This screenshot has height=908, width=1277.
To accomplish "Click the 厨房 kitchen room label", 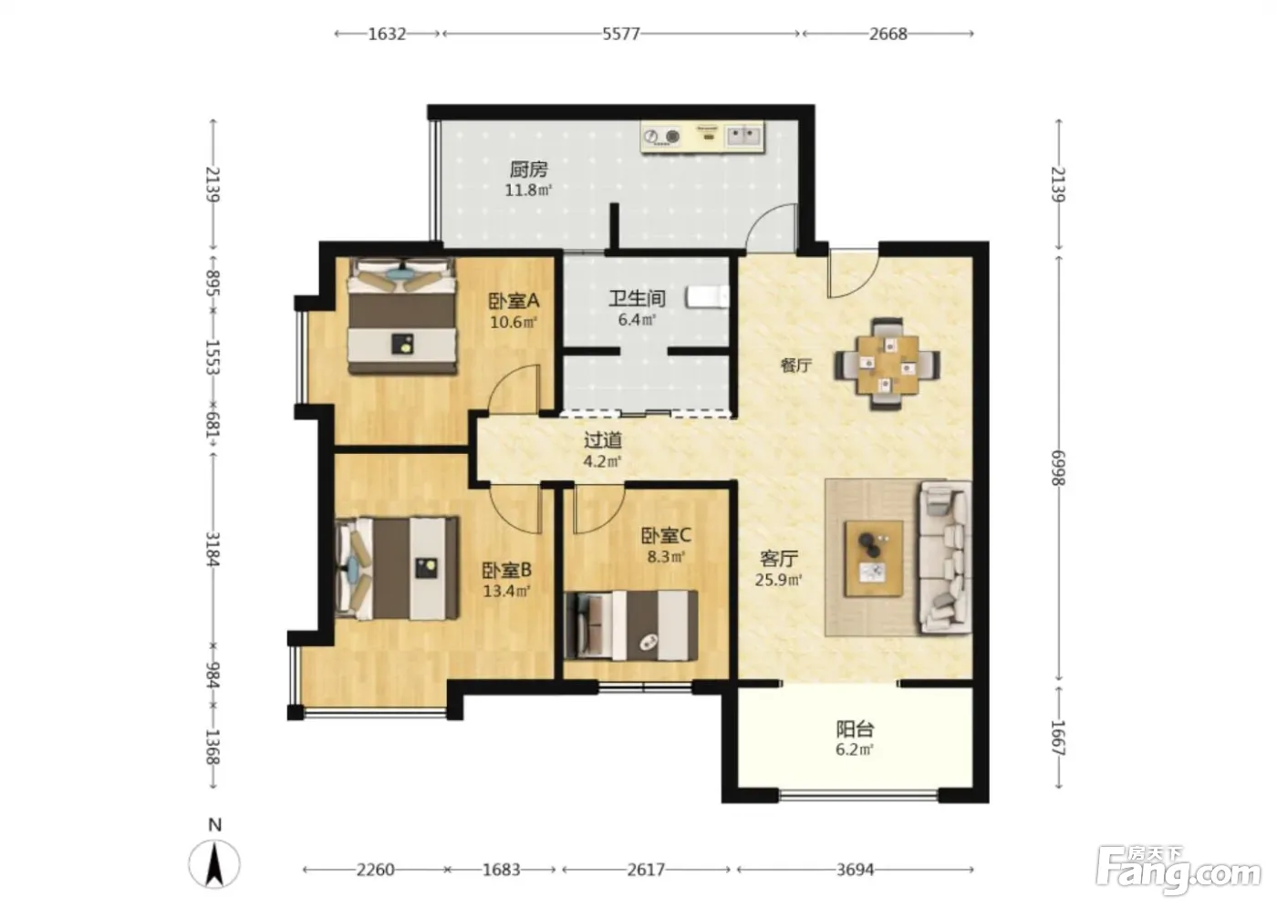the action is click(528, 170).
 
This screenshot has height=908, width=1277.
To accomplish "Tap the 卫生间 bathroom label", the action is click(637, 298).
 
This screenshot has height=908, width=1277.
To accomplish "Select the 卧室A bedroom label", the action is click(514, 301).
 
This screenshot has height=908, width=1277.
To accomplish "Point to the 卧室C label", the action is click(666, 535).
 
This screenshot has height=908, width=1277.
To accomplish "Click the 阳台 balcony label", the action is click(855, 729).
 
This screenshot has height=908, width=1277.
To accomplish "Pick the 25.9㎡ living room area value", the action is click(778, 580).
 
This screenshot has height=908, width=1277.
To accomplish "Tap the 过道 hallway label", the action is click(603, 439).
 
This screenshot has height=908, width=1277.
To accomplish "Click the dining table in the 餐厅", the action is click(887, 365).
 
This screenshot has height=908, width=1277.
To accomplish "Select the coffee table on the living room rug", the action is click(874, 559).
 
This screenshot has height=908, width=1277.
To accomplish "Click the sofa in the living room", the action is click(945, 558).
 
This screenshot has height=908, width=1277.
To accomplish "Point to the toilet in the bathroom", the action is click(708, 297).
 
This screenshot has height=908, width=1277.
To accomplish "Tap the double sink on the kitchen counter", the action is click(743, 136).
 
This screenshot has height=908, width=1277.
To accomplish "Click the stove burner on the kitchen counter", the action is click(673, 136).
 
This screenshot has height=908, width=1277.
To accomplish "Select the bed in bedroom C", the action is click(631, 625).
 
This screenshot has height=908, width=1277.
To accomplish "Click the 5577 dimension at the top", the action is click(621, 34).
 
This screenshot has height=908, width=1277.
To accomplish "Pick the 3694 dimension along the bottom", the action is click(856, 870).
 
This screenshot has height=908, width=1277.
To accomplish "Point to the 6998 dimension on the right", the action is click(1058, 469).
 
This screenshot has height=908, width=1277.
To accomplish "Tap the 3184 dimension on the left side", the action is click(213, 550).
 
